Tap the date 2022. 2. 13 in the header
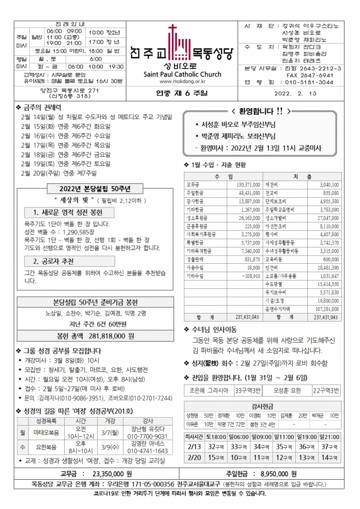coord(295,94)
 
